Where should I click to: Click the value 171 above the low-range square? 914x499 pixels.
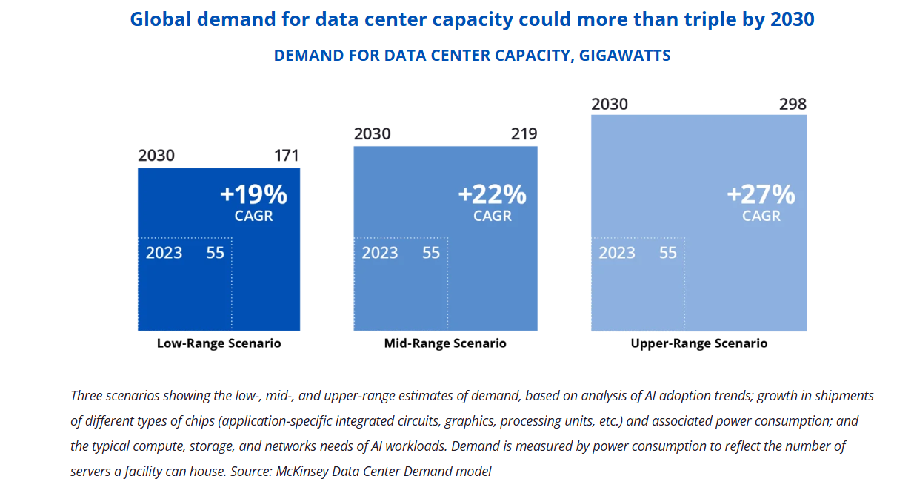[286, 156]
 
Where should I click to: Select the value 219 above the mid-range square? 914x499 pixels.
[524, 134]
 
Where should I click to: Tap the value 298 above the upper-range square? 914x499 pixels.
[793, 104]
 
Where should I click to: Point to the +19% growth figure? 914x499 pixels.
[253, 195]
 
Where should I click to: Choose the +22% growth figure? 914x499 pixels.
[493, 195]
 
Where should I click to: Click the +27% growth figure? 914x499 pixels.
[761, 195]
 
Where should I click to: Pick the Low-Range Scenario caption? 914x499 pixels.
[219, 344]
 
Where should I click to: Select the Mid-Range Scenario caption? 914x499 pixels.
[445, 343]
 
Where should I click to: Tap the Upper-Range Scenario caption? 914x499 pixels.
[698, 343]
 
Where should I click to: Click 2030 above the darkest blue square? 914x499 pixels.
[156, 156]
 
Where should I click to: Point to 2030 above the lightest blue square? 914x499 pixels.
[610, 104]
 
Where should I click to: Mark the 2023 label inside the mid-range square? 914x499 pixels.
[380, 253]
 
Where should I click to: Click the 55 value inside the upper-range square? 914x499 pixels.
[668, 253]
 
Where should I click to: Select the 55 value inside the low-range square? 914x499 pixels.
[216, 253]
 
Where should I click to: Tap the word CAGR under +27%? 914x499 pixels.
[761, 216]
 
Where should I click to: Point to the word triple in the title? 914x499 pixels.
[697, 20]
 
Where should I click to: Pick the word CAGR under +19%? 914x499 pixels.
[254, 216]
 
